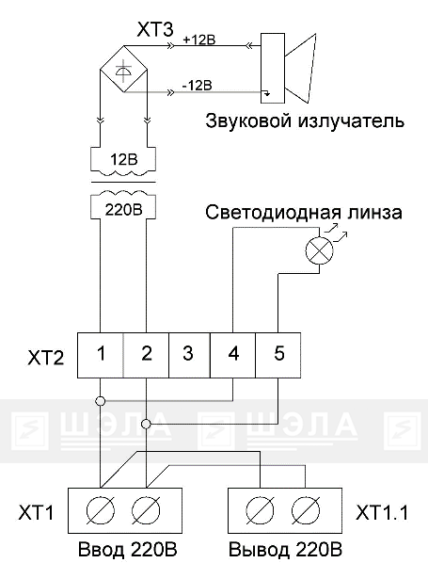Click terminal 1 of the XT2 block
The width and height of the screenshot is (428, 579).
(101, 355)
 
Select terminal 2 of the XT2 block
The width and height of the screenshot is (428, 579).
(146, 355)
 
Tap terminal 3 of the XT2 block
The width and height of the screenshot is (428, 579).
(189, 355)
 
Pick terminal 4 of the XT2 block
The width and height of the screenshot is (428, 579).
(233, 355)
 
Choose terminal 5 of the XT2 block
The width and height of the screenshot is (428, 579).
(277, 355)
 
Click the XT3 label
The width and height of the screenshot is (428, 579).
(155, 29)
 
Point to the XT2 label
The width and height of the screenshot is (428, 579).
(46, 358)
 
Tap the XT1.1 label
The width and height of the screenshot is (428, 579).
(382, 512)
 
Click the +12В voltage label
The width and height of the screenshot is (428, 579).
(198, 40)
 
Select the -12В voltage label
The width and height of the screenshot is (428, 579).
(197, 86)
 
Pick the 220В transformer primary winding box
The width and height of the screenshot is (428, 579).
(123, 205)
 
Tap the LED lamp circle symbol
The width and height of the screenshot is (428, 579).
(319, 250)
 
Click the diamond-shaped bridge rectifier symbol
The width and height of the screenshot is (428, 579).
(123, 69)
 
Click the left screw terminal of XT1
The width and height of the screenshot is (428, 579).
(101, 510)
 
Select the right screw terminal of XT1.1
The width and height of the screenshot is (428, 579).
(305, 510)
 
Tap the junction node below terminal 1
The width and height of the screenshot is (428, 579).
(101, 401)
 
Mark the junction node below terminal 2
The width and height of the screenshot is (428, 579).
(146, 424)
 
